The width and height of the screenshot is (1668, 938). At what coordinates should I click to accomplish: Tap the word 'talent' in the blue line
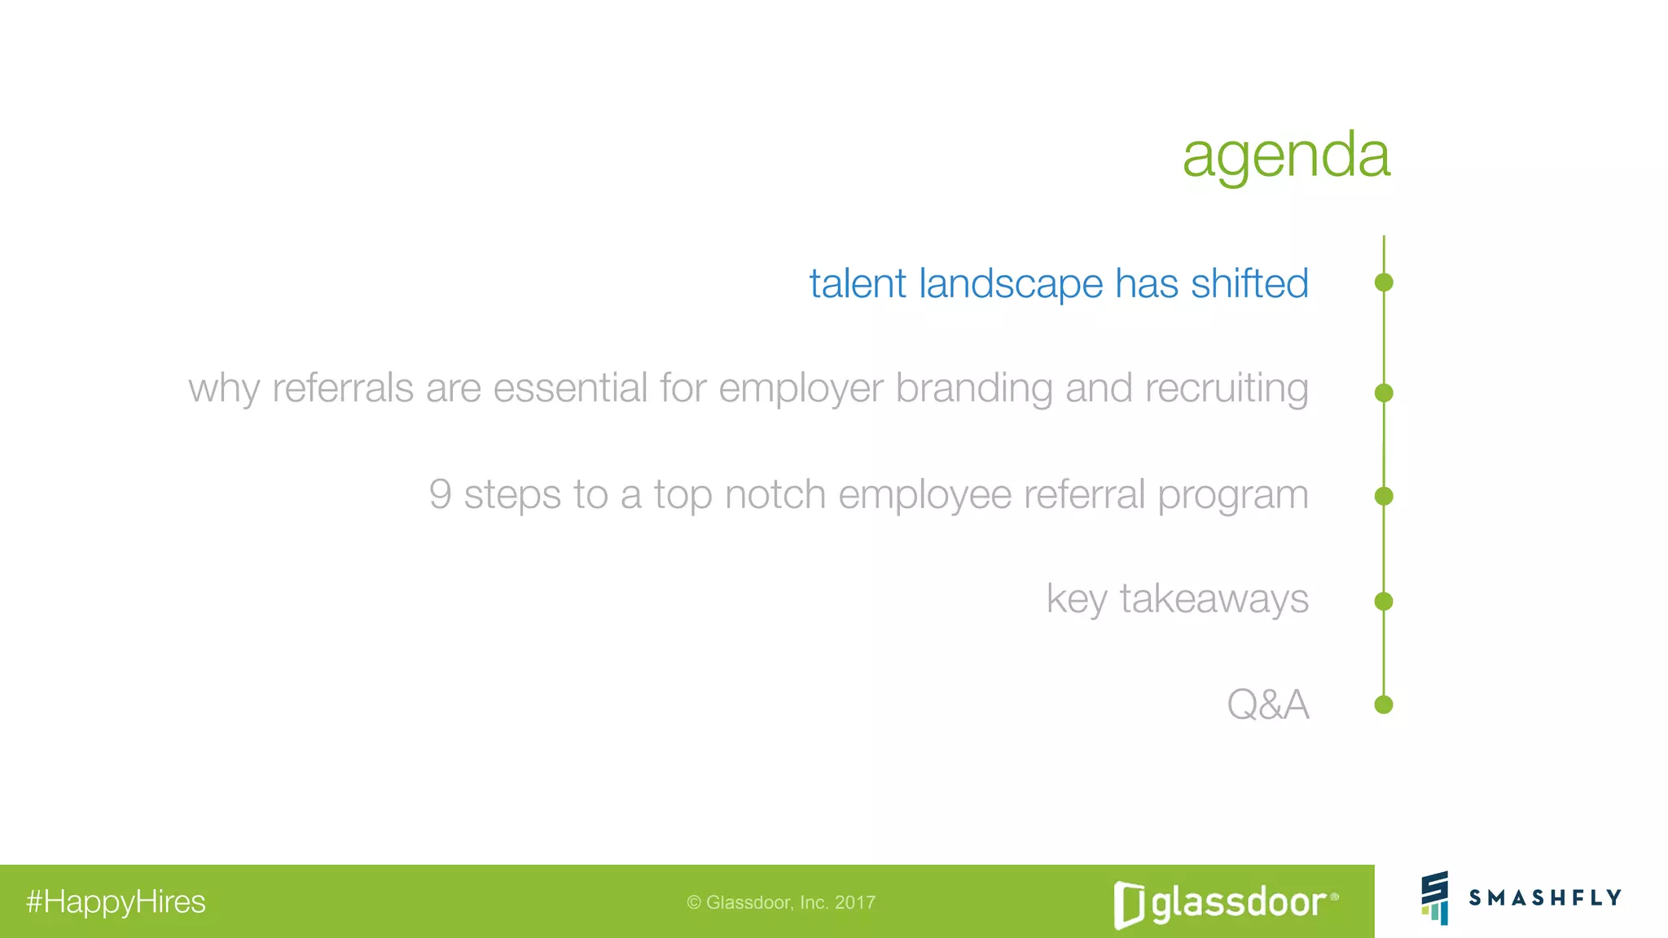tap(857, 284)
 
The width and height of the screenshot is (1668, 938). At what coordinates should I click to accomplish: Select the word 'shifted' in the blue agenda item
tap(1249, 284)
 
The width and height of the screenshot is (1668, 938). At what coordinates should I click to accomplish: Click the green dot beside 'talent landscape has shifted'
tap(1383, 283)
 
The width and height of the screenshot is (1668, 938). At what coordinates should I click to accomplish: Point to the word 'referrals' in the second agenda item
tap(343, 388)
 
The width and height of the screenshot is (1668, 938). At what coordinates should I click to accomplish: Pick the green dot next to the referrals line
tap(1383, 393)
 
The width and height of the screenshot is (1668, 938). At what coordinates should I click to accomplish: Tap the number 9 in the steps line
tap(440, 494)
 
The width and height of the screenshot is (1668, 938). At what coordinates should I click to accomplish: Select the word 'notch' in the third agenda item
tap(775, 494)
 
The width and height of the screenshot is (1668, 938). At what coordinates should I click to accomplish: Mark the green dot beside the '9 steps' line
tap(1383, 496)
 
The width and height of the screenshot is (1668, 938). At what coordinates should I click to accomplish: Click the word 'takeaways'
tap(1214, 599)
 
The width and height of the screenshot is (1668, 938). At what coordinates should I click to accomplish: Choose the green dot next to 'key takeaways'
tap(1383, 602)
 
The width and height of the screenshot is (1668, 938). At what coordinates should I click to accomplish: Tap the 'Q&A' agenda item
tap(1267, 705)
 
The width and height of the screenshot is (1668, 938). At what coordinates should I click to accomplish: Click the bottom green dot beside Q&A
tap(1383, 704)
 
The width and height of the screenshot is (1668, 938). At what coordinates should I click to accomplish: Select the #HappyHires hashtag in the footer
tap(116, 902)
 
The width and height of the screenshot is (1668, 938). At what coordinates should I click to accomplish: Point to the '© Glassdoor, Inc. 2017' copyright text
tap(781, 902)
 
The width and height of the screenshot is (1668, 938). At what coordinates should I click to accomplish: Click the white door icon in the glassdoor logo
tap(1129, 905)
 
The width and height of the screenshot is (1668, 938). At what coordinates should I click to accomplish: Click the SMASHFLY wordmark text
tap(1545, 898)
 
